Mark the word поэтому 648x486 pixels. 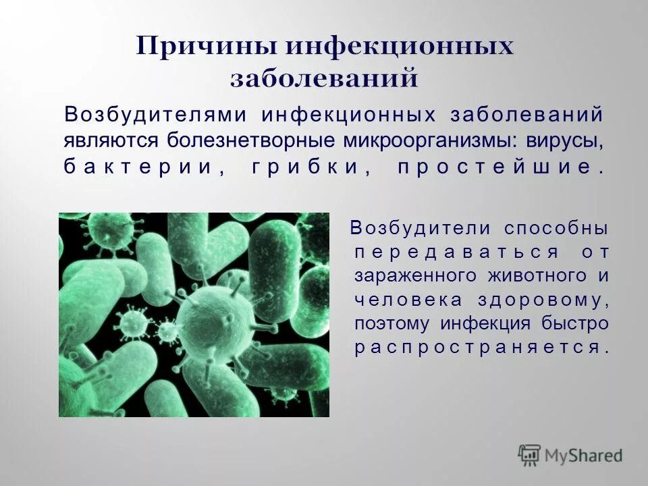[391, 324]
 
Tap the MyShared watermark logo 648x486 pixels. [570, 456]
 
